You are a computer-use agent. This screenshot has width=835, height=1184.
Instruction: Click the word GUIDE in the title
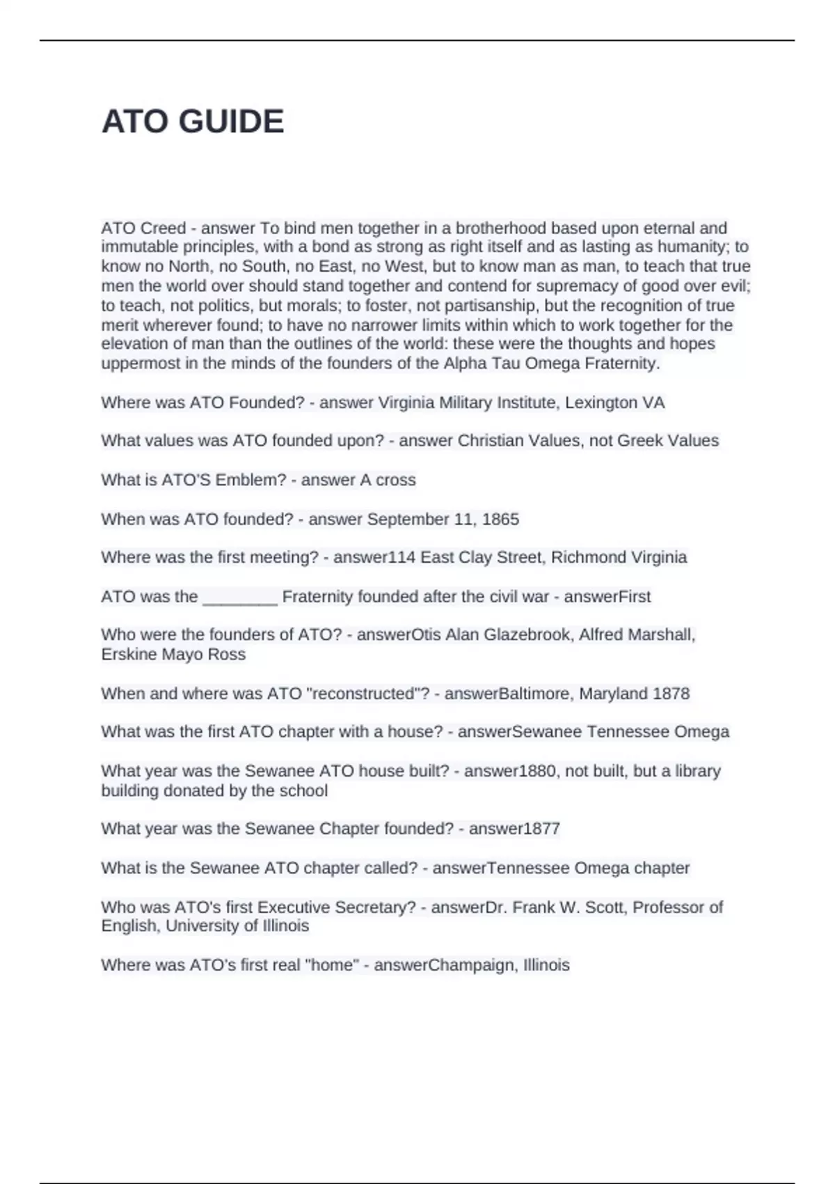point(232,122)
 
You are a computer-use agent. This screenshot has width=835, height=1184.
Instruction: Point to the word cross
point(396,480)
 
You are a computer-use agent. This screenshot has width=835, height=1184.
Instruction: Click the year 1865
point(500,519)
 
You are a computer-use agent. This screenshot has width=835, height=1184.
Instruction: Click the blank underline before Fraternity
point(240,597)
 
